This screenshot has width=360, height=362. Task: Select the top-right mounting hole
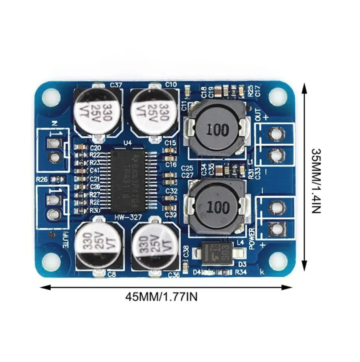(x=278, y=97)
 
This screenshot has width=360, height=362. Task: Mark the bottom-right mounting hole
(x=278, y=261)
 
